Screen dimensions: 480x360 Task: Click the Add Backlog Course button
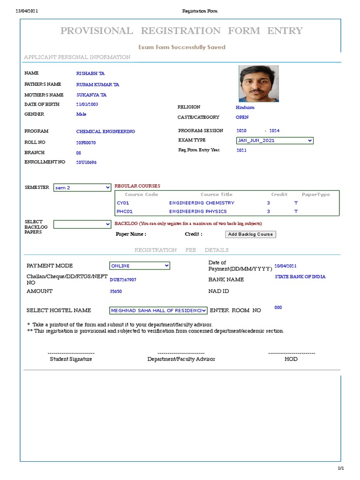click(x=250, y=234)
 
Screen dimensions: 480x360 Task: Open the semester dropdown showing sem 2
click(x=82, y=187)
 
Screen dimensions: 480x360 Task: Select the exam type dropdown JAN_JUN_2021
click(x=275, y=140)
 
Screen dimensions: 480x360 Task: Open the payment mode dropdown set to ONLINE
click(x=140, y=266)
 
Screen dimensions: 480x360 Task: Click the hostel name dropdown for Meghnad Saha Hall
click(x=158, y=310)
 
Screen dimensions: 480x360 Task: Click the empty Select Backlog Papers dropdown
click(x=82, y=225)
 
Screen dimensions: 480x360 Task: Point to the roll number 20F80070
click(x=86, y=142)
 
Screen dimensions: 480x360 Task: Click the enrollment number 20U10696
click(x=87, y=162)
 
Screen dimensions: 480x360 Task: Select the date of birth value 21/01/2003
click(x=87, y=105)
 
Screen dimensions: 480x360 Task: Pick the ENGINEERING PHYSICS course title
click(x=198, y=211)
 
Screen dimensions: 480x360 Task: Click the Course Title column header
click(x=216, y=195)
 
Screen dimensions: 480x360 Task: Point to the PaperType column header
click(x=315, y=195)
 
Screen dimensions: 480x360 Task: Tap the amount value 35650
click(x=116, y=292)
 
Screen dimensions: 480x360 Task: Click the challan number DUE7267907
click(x=123, y=279)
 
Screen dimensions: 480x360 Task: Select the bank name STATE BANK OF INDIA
click(x=300, y=277)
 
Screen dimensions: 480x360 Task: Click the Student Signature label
click(x=71, y=359)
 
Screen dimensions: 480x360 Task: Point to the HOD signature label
click(x=291, y=359)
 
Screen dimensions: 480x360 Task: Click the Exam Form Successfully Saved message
click(x=182, y=47)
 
